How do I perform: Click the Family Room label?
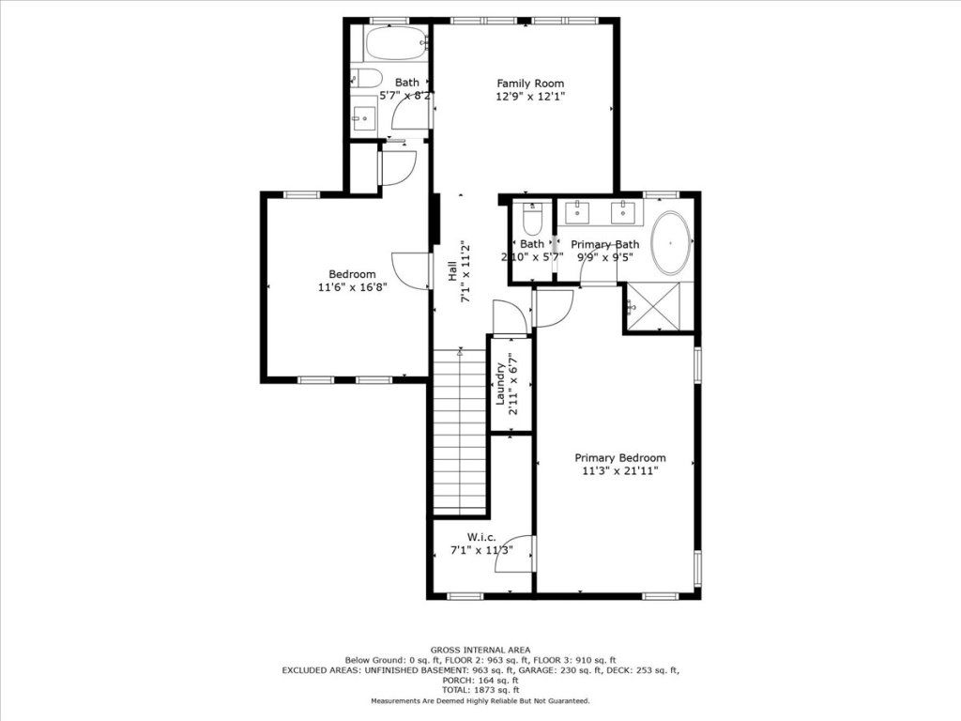(x=530, y=84)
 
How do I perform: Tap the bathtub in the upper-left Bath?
(x=396, y=43)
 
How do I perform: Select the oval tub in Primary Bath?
(x=670, y=243)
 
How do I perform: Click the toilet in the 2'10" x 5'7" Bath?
(x=533, y=219)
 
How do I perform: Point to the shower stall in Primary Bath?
(x=652, y=307)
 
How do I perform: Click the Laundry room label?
(x=500, y=384)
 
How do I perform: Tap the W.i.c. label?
(x=481, y=537)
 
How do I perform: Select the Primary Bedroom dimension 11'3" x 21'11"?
(x=620, y=471)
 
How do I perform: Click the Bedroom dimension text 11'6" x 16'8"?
(x=353, y=287)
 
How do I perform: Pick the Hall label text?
(x=451, y=271)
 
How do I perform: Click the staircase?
(x=460, y=432)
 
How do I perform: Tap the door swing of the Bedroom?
(x=410, y=270)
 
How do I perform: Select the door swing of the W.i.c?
(x=515, y=554)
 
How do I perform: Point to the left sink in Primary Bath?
(x=576, y=212)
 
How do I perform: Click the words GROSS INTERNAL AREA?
(x=480, y=650)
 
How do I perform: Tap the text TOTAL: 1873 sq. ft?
(x=480, y=690)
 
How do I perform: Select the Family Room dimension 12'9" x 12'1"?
(x=530, y=97)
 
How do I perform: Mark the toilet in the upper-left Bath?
(x=367, y=79)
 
